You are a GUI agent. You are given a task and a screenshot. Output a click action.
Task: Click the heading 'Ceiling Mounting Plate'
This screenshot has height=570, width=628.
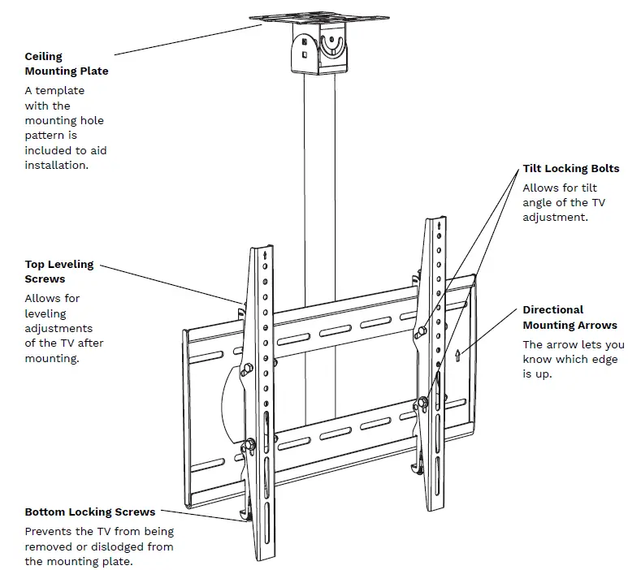pyautogui.click(x=66, y=63)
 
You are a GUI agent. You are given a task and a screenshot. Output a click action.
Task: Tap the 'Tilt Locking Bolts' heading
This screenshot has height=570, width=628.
pyautogui.click(x=570, y=169)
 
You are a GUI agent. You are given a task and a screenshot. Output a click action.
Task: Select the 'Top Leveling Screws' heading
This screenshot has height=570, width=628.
pyautogui.click(x=58, y=271)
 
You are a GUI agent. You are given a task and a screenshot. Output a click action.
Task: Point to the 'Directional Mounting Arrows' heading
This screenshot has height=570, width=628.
pyautogui.click(x=569, y=317)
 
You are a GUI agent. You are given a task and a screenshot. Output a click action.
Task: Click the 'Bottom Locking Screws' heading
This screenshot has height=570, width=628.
pyautogui.click(x=89, y=512)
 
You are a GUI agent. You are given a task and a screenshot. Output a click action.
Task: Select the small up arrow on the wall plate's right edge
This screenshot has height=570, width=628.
pyautogui.click(x=458, y=354)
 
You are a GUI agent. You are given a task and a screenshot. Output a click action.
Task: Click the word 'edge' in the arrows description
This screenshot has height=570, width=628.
pyautogui.click(x=602, y=360)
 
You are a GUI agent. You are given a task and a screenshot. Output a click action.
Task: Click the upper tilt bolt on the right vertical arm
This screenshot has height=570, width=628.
pyautogui.click(x=421, y=333)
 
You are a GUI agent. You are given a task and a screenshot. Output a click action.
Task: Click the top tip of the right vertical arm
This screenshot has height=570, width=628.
pyautogui.click(x=433, y=221)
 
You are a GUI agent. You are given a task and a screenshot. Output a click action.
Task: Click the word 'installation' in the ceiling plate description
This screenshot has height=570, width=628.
pyautogui.click(x=56, y=165)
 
